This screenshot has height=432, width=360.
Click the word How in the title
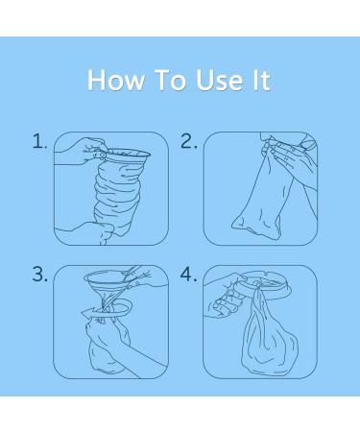(116, 80)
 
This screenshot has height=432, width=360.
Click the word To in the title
(170, 80)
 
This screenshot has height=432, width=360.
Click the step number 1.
(39, 141)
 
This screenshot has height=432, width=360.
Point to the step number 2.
(189, 141)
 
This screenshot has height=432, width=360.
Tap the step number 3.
(39, 275)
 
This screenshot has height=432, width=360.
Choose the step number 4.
(189, 275)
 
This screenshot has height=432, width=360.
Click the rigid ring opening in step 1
(128, 155)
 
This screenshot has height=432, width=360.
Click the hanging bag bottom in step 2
(256, 228)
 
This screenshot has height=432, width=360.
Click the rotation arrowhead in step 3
(86, 312)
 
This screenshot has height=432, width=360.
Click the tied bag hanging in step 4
(266, 336)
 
